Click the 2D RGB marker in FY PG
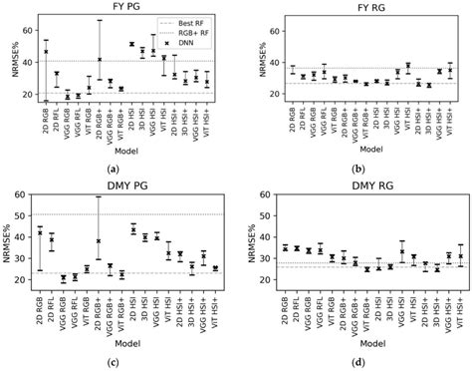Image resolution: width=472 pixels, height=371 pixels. (46, 51)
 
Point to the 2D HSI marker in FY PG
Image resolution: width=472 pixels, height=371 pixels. (131, 44)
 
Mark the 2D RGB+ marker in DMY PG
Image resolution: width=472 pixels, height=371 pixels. (99, 240)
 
